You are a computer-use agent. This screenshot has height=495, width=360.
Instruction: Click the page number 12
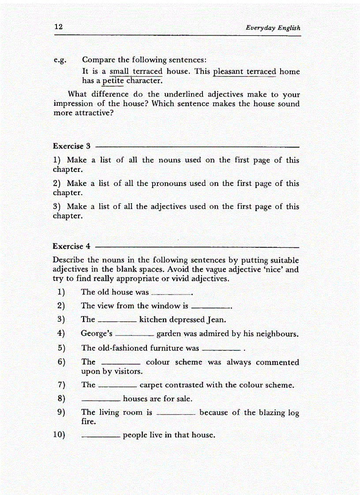58,27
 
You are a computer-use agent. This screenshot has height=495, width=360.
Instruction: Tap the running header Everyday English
273,28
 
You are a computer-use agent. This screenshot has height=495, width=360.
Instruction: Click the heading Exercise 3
71,146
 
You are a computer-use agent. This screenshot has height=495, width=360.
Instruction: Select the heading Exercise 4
71,246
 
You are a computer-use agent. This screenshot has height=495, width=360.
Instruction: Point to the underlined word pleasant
228,71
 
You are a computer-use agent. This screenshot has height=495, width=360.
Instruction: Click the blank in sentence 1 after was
171,293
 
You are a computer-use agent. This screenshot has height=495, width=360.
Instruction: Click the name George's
96,334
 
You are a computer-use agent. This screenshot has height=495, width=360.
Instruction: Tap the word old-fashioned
121,348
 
